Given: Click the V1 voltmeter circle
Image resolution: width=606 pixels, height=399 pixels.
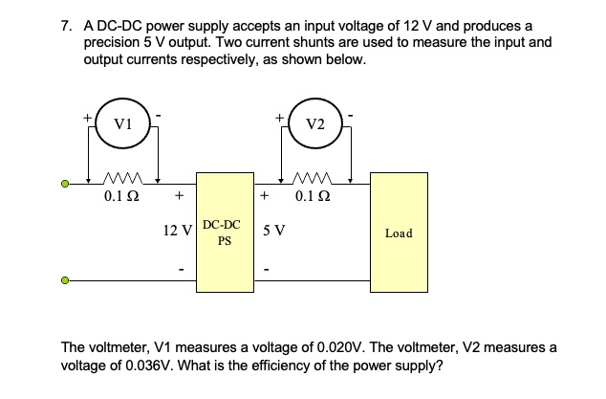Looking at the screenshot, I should click(122, 123).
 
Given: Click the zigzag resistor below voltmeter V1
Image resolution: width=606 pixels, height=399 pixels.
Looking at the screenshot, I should click(122, 180).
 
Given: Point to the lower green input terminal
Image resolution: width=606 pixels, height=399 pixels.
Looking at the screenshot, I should click(65, 281).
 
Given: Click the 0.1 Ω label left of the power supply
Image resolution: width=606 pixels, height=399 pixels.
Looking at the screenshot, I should click(122, 198).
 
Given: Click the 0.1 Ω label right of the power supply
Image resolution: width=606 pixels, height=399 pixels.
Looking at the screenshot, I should click(314, 198).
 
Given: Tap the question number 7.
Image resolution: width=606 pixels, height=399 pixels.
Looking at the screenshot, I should click(63, 22).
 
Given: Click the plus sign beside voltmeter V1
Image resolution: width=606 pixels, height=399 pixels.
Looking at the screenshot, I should click(87, 117).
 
